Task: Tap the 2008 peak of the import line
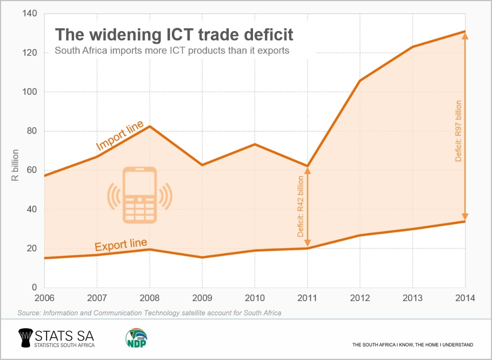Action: (x=150, y=126)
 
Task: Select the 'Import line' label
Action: (x=120, y=136)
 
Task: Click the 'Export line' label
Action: (x=121, y=245)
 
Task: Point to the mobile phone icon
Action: (x=140, y=195)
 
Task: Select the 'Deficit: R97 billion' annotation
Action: (x=458, y=131)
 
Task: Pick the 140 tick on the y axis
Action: (x=31, y=14)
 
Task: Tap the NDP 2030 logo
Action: (x=136, y=337)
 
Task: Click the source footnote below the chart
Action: (x=149, y=313)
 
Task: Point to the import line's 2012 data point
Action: (x=360, y=80)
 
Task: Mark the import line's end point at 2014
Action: (x=465, y=31)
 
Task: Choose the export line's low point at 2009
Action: (x=202, y=257)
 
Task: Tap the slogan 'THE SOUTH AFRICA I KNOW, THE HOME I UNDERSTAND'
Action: (x=412, y=345)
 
